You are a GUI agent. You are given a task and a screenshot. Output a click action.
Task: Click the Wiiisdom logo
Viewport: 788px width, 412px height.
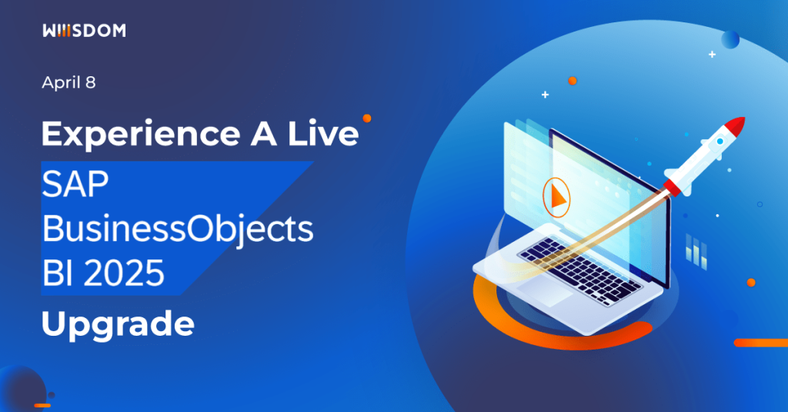coord(84,32)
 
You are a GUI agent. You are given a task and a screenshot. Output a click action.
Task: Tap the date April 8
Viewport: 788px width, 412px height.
coord(68,83)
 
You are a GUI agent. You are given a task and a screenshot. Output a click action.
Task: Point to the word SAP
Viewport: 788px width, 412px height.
coord(77,186)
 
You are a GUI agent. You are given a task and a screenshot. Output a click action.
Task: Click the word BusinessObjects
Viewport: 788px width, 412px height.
coord(177,229)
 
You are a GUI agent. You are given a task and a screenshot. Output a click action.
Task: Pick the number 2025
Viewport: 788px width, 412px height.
coord(128,273)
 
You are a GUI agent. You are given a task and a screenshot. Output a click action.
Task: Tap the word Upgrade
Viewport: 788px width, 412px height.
coord(117,323)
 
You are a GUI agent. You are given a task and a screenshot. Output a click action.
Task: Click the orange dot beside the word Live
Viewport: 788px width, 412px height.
coord(367,119)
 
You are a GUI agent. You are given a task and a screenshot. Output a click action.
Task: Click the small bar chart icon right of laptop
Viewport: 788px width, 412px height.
coord(696,252)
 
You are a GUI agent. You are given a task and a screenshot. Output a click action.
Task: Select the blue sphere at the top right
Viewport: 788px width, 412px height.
coord(730,39)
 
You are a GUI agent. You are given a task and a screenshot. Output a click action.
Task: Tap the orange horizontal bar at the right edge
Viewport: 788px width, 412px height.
coord(760,343)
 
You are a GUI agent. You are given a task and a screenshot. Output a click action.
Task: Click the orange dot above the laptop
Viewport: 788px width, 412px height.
coord(572,80)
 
